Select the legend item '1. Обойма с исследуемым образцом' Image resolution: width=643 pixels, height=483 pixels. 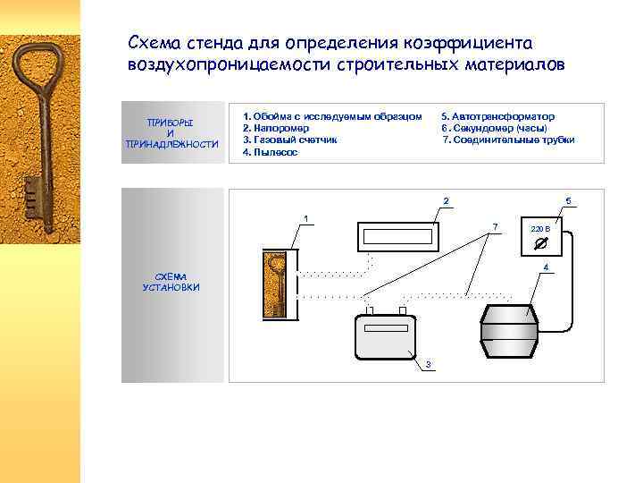tap(331, 116)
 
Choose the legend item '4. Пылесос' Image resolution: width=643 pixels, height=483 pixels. tap(270, 152)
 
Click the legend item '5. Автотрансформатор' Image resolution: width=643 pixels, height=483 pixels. tap(497, 116)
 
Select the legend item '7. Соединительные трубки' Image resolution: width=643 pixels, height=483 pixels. tap(508, 140)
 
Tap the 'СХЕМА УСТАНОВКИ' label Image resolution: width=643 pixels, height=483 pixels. tap(171, 282)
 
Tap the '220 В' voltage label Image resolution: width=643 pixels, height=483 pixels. tap(540, 230)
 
